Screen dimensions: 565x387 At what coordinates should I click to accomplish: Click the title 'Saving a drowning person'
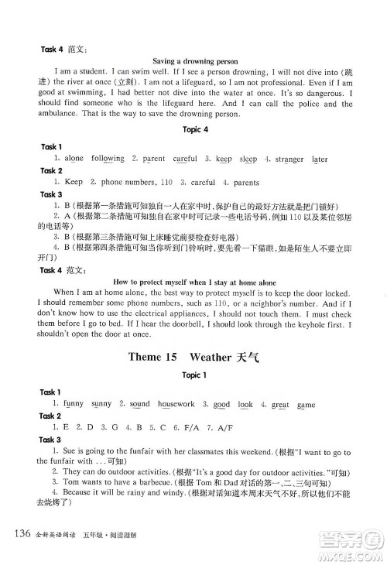pos(195,60)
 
